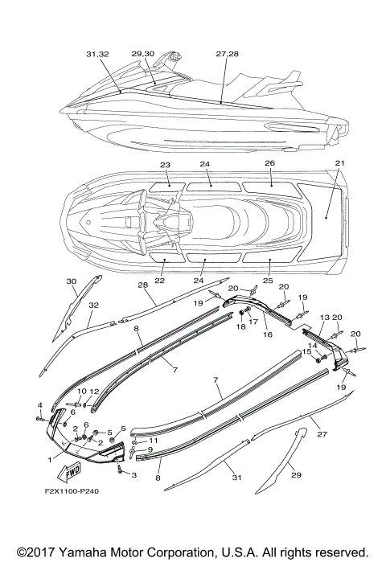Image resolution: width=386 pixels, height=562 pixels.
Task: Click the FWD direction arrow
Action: pos(69,473)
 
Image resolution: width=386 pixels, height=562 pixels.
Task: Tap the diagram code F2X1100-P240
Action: pos(72,491)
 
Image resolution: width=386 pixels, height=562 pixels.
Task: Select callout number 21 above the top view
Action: pos(339,163)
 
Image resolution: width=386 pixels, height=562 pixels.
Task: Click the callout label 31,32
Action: pos(97,54)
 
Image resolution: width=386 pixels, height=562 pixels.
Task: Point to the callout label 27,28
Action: pos(228,54)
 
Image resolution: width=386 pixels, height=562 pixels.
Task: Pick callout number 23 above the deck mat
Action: pos(165,166)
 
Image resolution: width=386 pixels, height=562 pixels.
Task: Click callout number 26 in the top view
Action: pos(270,163)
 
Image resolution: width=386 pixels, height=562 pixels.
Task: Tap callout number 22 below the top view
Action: pos(159,281)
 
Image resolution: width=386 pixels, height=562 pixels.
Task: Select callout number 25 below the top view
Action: pos(268,281)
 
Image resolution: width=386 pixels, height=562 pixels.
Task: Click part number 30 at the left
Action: pos(72,281)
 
